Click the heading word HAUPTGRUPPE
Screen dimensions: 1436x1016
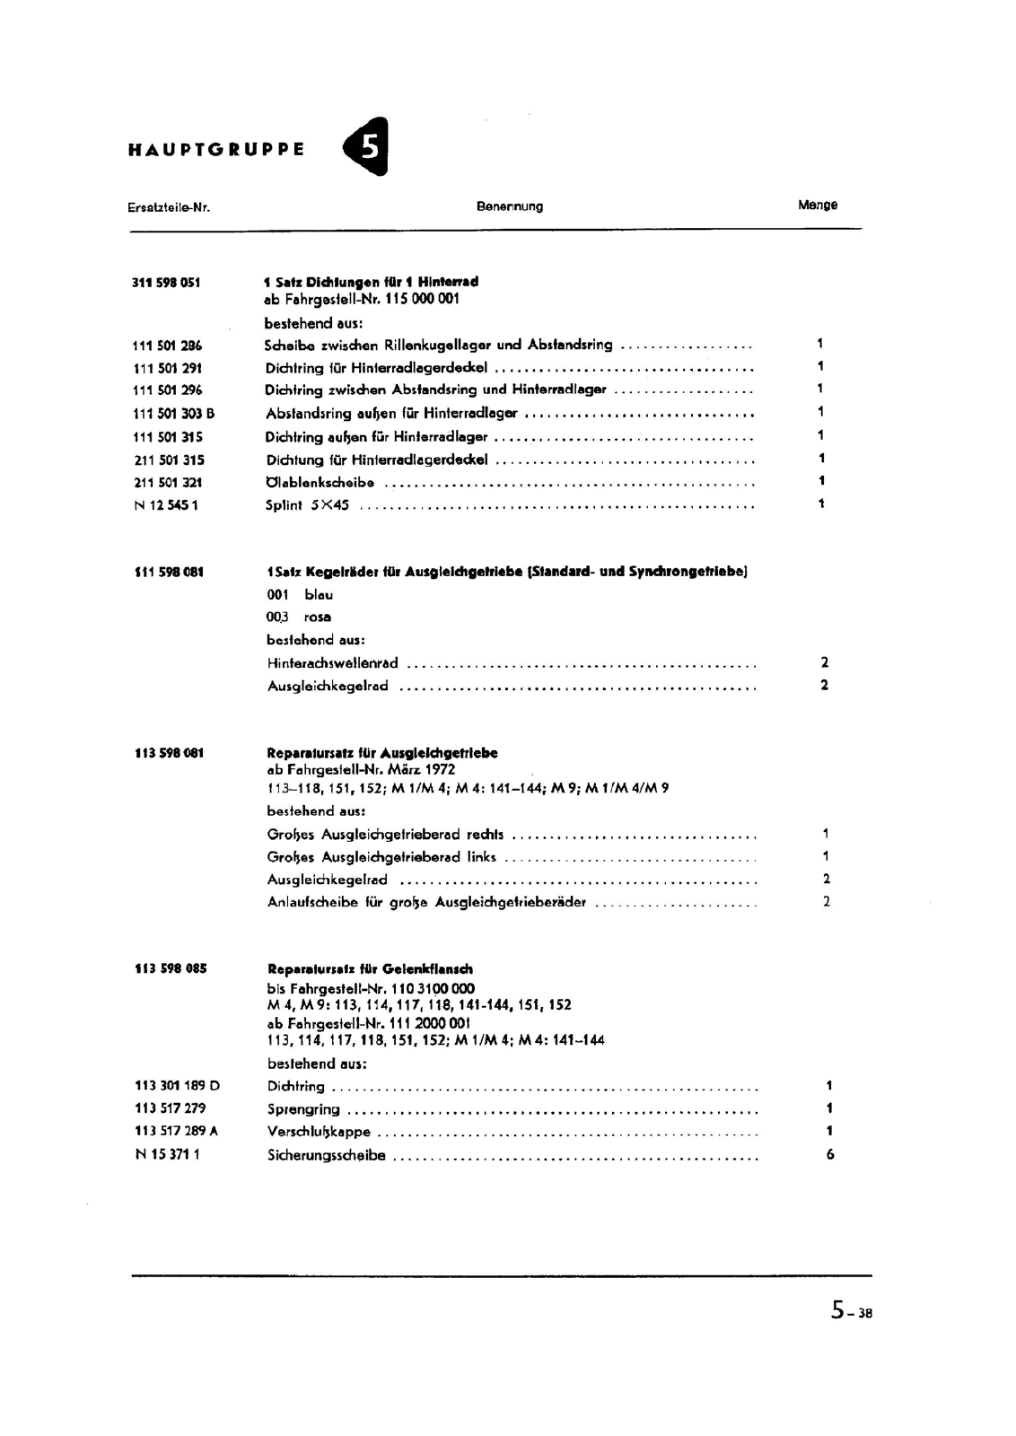coord(216,150)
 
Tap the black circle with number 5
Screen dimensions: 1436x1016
coord(368,146)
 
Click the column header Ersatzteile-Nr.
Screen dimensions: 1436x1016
coord(169,207)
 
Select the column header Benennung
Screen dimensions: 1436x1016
coord(510,206)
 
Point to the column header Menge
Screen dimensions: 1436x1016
coord(817,206)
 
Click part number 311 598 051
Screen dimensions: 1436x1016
coord(166,283)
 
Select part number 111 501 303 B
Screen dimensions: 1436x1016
coord(173,414)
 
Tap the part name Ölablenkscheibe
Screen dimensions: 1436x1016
coord(320,483)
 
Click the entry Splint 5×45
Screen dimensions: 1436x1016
coord(307,505)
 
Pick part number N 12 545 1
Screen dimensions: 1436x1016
coord(165,505)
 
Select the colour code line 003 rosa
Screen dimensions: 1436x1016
coord(299,617)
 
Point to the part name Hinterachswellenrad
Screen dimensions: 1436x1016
coord(332,663)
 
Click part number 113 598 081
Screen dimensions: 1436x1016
coord(169,753)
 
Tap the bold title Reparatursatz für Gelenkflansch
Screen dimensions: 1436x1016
coord(370,969)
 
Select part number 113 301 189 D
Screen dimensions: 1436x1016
coord(177,1086)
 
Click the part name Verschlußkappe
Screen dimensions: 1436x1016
coord(319,1133)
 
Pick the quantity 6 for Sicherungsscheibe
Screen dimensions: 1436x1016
coord(829,1155)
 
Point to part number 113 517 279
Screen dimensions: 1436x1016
coord(170,1108)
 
